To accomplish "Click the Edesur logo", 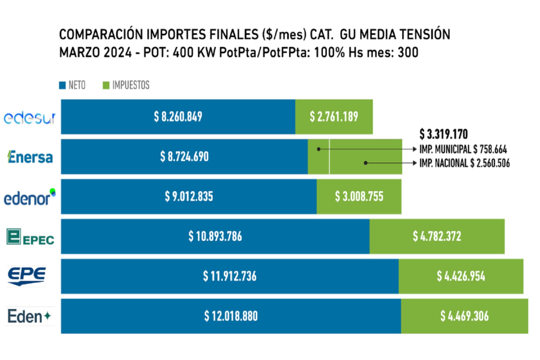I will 30,118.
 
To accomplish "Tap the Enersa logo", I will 30,157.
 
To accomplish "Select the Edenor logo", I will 30,198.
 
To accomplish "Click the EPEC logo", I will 30,237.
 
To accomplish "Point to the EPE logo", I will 26,276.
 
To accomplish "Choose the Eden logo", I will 30,316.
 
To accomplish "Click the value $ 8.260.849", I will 178,117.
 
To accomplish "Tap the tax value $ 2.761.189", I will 334,117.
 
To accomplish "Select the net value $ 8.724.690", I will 184,157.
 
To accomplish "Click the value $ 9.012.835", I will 189,197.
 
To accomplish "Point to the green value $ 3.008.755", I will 359,197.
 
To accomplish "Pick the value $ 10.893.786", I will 215,236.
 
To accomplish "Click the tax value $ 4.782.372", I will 437,236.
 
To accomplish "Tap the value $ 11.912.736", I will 229,276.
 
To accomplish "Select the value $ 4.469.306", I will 465,316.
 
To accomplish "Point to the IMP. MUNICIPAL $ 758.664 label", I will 463,149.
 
